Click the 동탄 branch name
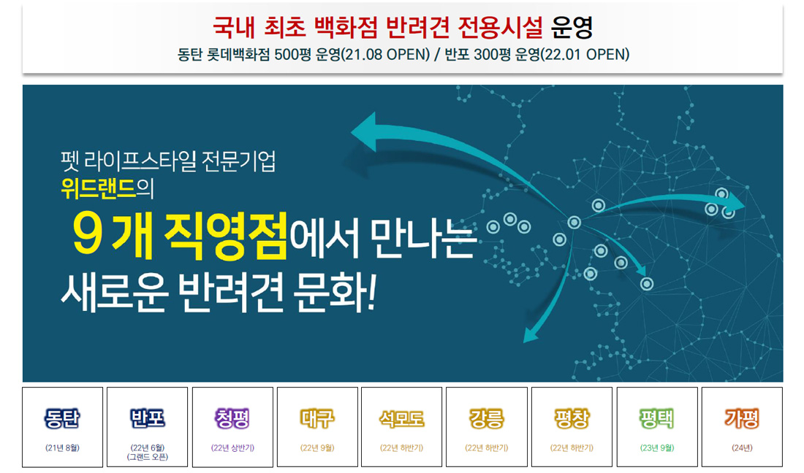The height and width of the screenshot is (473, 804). click(62, 418)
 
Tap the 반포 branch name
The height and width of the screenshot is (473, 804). click(147, 418)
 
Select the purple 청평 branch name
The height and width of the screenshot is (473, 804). click(232, 418)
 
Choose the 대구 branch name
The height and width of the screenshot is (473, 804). click(317, 418)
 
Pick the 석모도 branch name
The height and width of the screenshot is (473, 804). click(401, 419)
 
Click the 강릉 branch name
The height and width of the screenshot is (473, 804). click(487, 418)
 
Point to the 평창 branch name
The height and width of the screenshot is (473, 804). click(572, 418)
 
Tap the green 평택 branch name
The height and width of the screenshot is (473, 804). click(657, 418)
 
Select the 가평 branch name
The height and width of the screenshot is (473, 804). click(742, 418)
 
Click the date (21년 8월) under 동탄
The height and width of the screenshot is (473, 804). click(63, 448)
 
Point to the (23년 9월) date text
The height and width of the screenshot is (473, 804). click(657, 448)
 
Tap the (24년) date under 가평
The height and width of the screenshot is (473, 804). click(742, 448)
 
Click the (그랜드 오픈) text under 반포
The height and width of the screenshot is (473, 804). click(147, 457)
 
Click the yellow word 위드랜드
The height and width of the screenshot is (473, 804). click(99, 188)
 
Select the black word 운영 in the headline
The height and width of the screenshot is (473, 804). click(572, 27)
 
